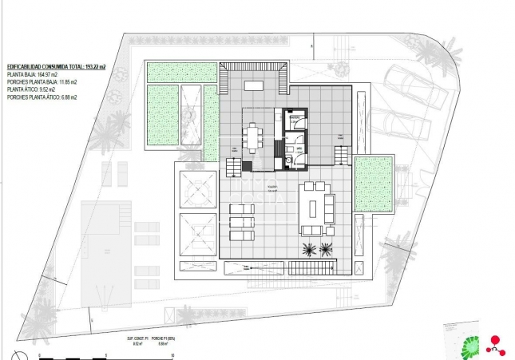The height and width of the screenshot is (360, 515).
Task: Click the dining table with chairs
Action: tap(255, 138)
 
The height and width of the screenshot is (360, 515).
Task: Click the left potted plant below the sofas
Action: tap(308, 250)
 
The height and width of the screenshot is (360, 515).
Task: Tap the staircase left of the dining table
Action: tap(232, 167)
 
